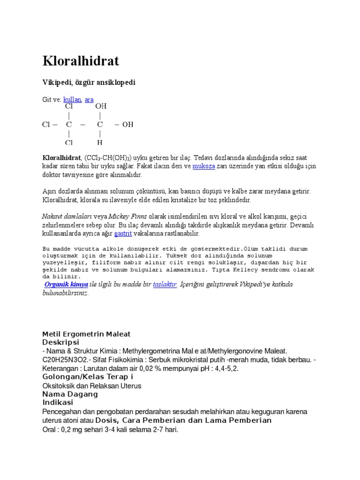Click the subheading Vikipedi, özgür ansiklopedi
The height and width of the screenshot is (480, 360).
[89, 82]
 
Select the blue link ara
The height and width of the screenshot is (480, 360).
[89, 100]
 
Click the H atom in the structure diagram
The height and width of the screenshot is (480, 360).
[100, 142]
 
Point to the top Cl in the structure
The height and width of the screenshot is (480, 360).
[69, 107]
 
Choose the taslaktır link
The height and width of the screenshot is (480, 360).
[165, 285]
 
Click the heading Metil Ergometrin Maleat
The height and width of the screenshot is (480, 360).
[86, 334]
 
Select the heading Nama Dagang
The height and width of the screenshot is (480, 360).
[70, 394]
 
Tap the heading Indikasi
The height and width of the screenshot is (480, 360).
[58, 402]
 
